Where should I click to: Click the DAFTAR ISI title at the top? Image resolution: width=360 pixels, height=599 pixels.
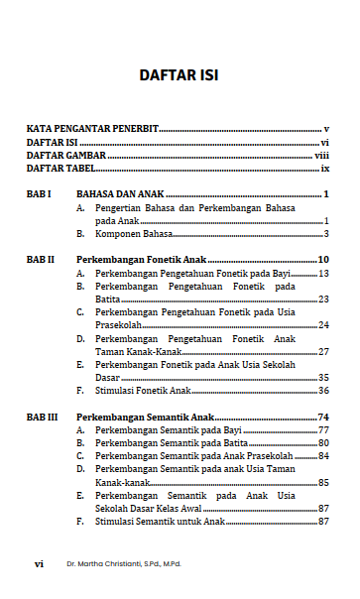click(x=180, y=75)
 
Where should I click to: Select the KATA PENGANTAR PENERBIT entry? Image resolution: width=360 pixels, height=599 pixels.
click(x=92, y=130)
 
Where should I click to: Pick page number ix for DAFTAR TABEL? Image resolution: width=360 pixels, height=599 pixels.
click(x=324, y=169)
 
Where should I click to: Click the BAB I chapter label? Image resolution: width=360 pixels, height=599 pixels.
click(x=39, y=194)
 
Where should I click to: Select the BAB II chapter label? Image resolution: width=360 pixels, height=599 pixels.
click(x=41, y=260)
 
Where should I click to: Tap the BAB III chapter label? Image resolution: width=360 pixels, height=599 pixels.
click(x=43, y=418)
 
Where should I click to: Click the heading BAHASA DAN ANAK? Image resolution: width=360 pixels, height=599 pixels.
click(x=120, y=194)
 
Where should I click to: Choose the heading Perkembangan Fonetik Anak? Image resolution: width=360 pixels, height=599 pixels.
click(x=134, y=260)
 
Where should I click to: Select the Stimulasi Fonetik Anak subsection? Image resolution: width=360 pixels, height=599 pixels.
click(x=143, y=391)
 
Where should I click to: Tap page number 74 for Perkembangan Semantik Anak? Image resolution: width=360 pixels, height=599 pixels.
click(x=323, y=418)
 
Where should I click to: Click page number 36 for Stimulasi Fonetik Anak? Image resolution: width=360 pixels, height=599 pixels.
click(x=323, y=391)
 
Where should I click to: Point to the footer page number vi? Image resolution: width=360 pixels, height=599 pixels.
click(x=39, y=563)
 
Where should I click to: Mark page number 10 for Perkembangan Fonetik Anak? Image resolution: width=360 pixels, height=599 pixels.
click(x=323, y=260)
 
